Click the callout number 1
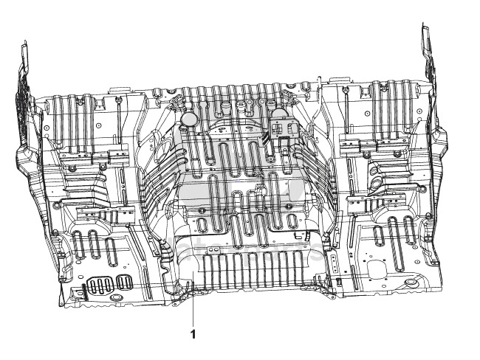click(193, 334)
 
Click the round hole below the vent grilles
click(115, 297)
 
